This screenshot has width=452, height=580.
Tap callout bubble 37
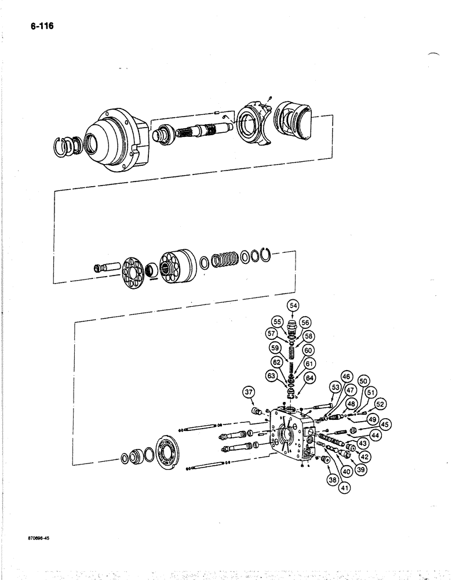pyautogui.click(x=249, y=393)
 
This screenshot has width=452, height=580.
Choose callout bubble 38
pyautogui.click(x=333, y=480)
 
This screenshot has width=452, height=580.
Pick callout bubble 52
pyautogui.click(x=380, y=404)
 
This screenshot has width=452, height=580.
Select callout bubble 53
pyautogui.click(x=335, y=387)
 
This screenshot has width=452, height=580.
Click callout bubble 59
pyautogui.click(x=275, y=348)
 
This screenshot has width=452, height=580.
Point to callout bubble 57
pyautogui.click(x=271, y=333)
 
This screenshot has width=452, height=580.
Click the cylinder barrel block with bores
pyautogui.click(x=177, y=266)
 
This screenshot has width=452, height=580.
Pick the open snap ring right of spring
pyautogui.click(x=266, y=255)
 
